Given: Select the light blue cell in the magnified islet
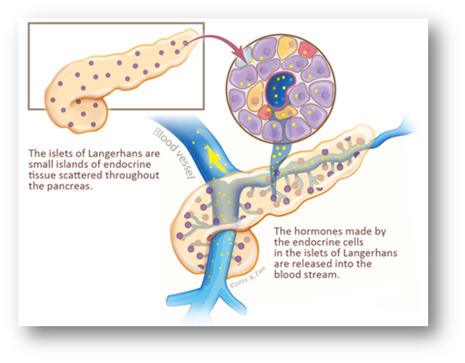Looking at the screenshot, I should coord(247,55).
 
